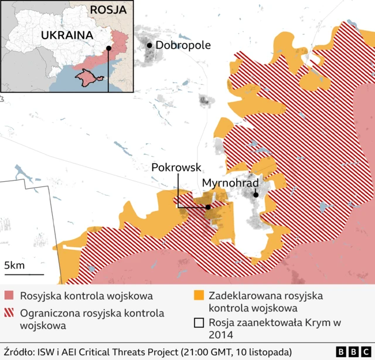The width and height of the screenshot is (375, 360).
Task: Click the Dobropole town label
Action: coord(183,45)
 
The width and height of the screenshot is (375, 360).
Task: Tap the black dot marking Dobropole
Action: coord(150,45)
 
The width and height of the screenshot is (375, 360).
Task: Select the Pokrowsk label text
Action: coord(176,167)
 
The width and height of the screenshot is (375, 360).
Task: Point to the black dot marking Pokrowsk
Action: coord(208,206)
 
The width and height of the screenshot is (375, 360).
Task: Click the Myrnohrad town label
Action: coord(230,183)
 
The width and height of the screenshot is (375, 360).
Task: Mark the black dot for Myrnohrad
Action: coord(255,195)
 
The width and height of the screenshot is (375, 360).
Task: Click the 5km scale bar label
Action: coord(14,266)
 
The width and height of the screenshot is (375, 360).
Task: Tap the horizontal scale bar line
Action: coord(23,274)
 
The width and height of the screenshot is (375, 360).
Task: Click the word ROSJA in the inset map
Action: coord(108,10)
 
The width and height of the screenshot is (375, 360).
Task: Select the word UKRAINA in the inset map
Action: coord(67,35)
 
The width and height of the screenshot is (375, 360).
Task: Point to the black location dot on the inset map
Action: coord(108,49)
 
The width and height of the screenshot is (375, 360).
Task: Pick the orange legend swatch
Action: coord(200,296)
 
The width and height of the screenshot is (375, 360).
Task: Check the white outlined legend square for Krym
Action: coord(200,322)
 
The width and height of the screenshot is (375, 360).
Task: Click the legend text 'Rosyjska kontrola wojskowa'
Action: coord(86,296)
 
